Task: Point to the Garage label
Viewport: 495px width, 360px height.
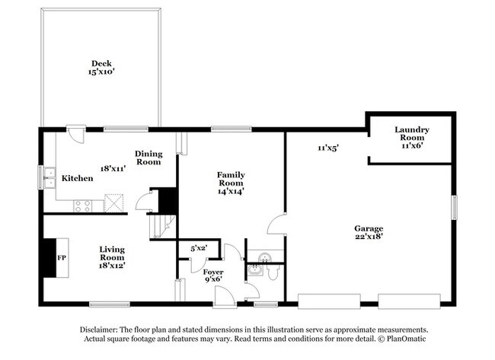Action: (x=369, y=228)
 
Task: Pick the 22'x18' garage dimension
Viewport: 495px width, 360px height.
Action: (x=369, y=237)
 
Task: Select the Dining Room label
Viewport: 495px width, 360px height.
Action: (x=148, y=158)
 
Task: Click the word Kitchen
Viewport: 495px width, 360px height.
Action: (x=77, y=178)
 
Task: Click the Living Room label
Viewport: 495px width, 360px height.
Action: (x=112, y=253)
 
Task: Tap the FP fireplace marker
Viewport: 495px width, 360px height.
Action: (x=62, y=258)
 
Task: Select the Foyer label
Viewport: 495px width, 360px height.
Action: (x=213, y=271)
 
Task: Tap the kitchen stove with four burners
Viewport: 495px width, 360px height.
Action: (x=82, y=204)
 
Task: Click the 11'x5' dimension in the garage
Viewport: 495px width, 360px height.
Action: (x=327, y=148)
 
